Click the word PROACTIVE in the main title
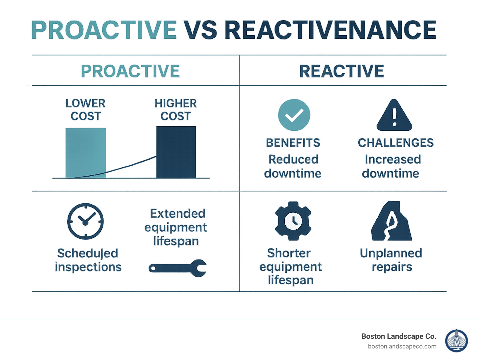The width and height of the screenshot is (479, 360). (104, 30)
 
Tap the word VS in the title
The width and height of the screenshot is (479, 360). (200, 30)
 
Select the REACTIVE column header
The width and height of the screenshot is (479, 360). (341, 71)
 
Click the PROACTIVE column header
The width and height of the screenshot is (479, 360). (130, 71)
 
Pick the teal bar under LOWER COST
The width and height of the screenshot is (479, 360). (85, 153)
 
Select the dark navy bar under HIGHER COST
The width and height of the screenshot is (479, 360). (176, 152)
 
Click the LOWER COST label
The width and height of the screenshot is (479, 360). (85, 109)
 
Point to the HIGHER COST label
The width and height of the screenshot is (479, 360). (176, 109)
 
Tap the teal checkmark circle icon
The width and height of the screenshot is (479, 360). (294, 115)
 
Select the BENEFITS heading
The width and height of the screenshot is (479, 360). (293, 143)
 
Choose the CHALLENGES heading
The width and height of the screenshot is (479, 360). (395, 143)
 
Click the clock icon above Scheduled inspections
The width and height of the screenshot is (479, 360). (85, 221)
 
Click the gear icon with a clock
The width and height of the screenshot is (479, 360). (293, 221)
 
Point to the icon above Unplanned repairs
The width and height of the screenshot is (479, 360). (391, 221)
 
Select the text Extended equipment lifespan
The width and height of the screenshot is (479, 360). (176, 227)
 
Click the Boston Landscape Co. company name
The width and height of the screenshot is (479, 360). (399, 336)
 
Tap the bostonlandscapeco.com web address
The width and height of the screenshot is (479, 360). (402, 346)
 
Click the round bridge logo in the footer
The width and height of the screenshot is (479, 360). (456, 341)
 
